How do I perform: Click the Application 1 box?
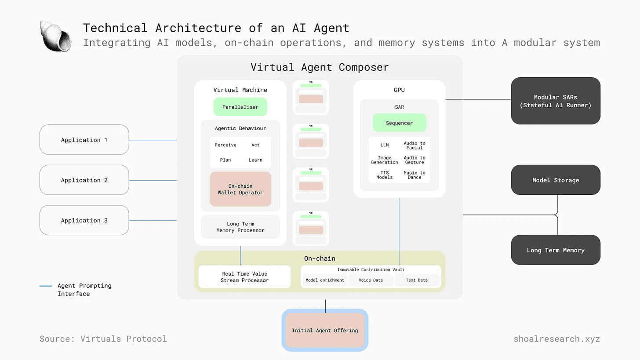pos(84,140)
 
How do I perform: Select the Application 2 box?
pos(84,180)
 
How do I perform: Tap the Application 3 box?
pos(84,220)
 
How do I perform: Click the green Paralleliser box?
pos(240,107)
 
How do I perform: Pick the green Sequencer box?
pos(399,123)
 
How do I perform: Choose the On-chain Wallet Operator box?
pos(240,189)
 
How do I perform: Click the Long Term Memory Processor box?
pos(240,227)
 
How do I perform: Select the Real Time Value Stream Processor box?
pos(244,277)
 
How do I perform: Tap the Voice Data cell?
pos(371,280)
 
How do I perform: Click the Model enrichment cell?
pos(325,280)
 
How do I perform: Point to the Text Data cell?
pos(417,280)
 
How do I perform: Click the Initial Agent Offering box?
pos(325,331)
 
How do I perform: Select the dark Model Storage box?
pos(556,180)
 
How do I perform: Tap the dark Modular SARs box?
pos(556,101)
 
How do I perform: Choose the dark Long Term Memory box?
pos(556,250)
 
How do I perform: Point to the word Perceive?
pos(225,145)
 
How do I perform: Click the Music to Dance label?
pos(415,175)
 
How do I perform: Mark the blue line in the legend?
pos(46,286)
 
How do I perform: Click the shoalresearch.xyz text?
pos(556,339)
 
